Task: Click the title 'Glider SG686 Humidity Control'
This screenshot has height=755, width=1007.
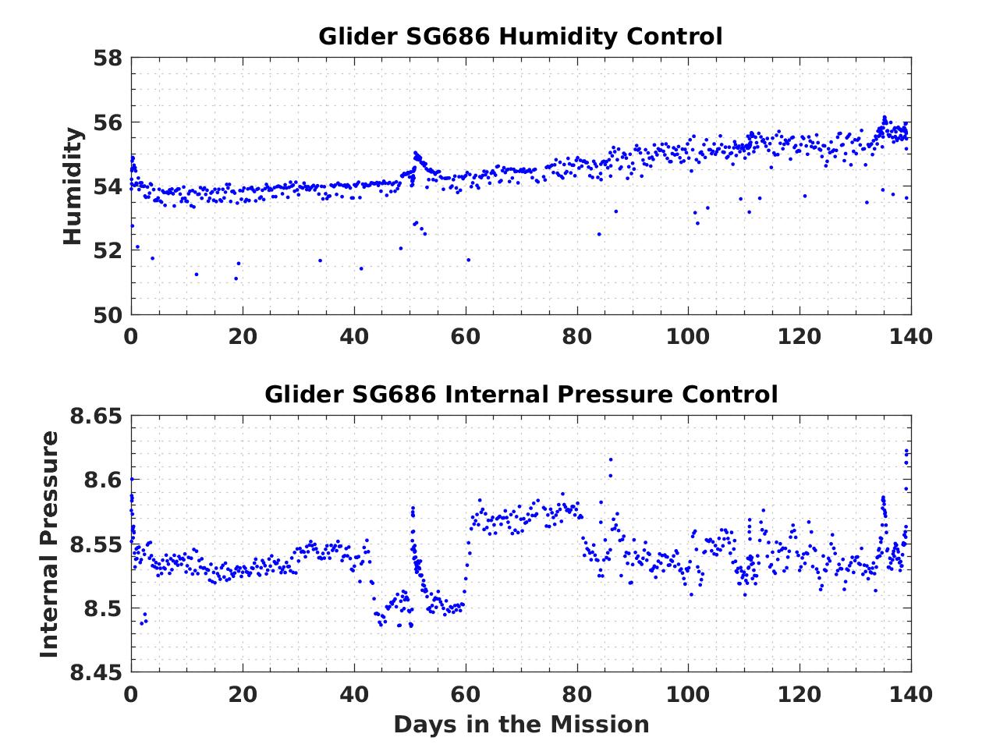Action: click(520, 37)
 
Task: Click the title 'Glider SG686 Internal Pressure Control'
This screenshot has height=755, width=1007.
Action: click(520, 395)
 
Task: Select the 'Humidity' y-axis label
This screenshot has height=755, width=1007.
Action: click(73, 186)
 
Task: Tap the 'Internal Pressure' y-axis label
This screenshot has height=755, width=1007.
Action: click(49, 544)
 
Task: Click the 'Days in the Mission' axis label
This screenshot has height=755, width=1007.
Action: click(520, 725)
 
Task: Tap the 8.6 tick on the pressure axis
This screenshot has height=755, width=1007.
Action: click(101, 480)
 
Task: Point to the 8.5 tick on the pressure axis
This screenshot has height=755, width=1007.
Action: click(101, 608)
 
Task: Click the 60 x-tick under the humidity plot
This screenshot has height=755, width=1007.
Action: click(466, 336)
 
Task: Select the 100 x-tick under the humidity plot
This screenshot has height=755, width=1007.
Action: click(688, 336)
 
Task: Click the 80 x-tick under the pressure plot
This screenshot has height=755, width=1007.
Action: click(577, 693)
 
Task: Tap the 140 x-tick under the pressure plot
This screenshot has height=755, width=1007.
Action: click(911, 693)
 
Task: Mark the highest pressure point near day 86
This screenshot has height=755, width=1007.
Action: click(610, 459)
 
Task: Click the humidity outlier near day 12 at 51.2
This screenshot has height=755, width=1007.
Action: click(196, 275)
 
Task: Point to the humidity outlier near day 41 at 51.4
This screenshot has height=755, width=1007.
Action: click(361, 268)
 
